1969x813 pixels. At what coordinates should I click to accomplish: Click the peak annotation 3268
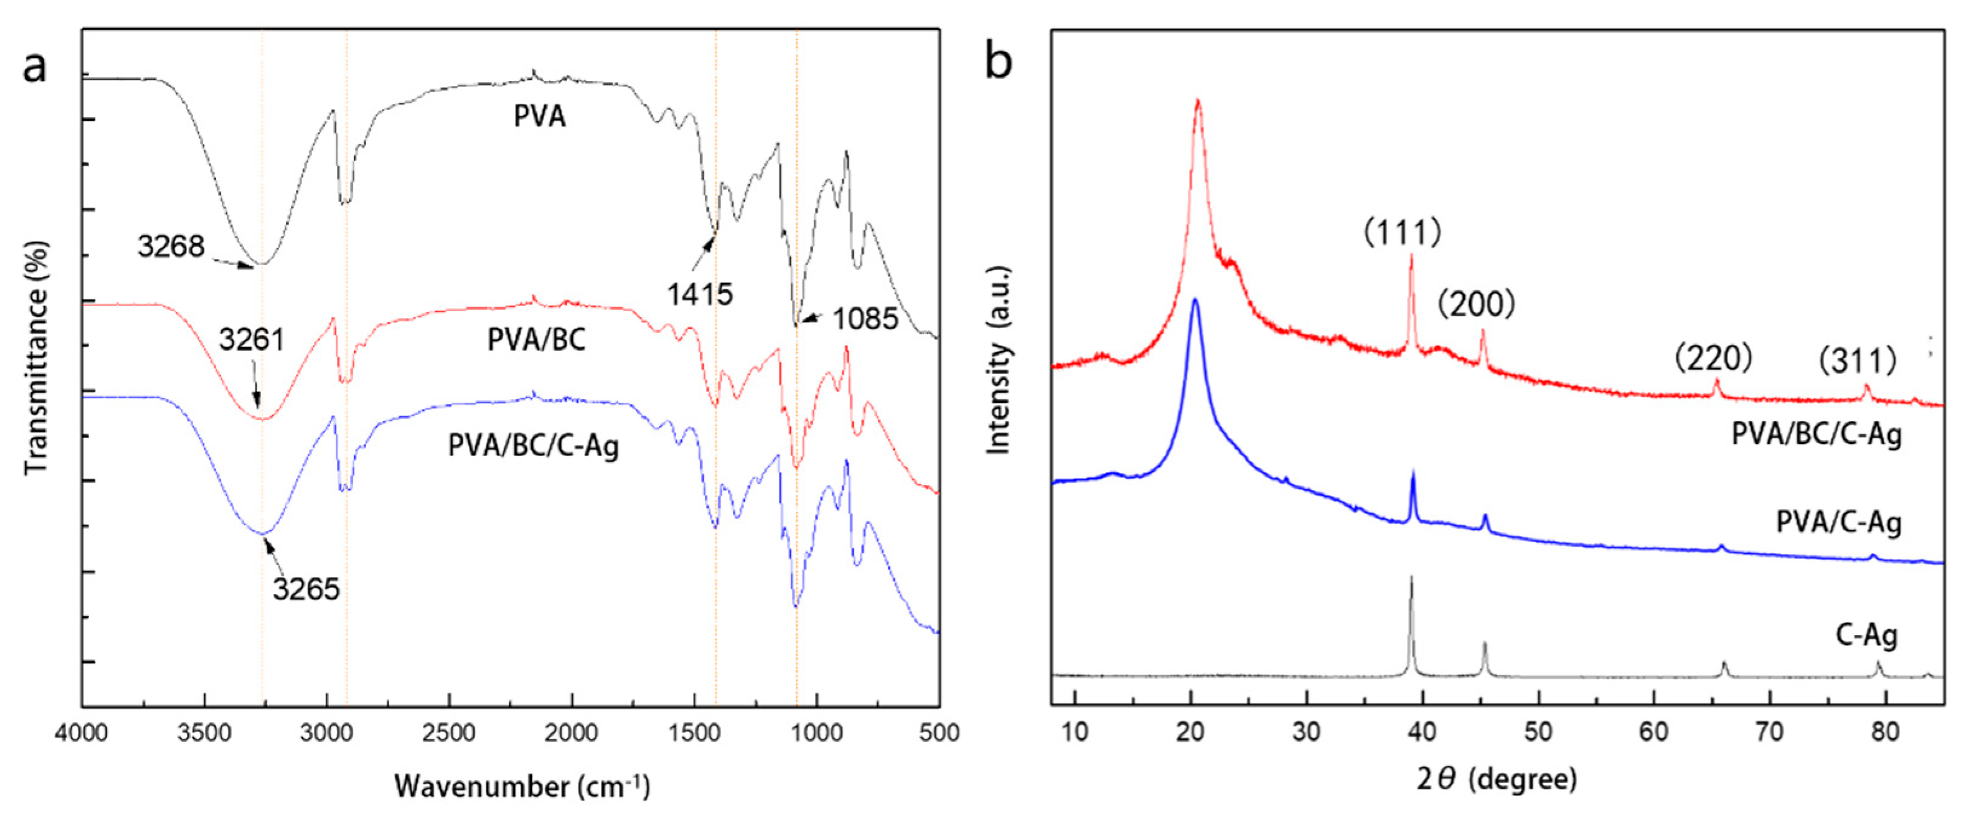point(171,247)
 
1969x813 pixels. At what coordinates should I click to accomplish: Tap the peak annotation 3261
point(252,339)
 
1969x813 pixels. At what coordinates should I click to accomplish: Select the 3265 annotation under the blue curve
point(307,589)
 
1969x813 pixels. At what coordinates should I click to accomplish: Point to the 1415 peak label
point(699,294)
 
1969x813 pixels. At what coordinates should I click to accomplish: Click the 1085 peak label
point(865,319)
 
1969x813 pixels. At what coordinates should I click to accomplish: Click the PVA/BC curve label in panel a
point(537,340)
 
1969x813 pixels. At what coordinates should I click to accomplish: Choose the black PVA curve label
point(540,117)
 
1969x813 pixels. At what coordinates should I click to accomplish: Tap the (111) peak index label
point(1403,232)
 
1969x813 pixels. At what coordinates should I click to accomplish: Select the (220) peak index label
point(1713,357)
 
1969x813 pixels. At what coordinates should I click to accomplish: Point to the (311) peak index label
point(1858,361)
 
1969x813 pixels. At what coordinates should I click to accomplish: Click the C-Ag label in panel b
point(1866,636)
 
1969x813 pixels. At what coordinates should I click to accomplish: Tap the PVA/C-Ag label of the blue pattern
point(1838,523)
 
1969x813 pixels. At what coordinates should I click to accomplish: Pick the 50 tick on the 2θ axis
point(1538,732)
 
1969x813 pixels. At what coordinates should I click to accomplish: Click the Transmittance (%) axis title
point(37,357)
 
